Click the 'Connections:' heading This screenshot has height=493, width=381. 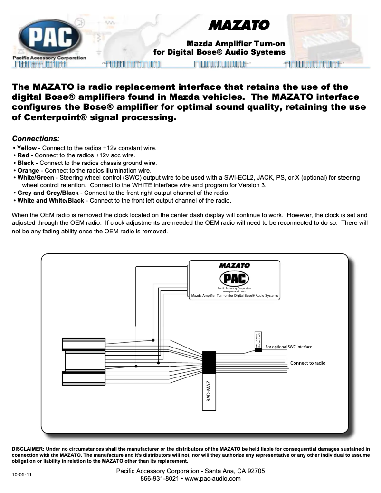pyautogui.click(x=36, y=139)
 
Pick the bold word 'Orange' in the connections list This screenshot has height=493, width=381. pyautogui.click(x=28, y=170)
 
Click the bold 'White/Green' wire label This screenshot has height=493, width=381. pyautogui.click(x=36, y=177)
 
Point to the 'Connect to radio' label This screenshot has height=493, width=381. pyautogui.click(x=308, y=363)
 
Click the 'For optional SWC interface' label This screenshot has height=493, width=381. pyautogui.click(x=288, y=347)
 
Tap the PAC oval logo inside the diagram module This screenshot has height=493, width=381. pyautogui.click(x=234, y=278)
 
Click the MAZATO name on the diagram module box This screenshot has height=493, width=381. pyautogui.click(x=234, y=265)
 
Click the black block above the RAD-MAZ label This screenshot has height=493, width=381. pyautogui.click(x=209, y=363)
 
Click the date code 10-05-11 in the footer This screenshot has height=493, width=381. pyautogui.click(x=22, y=474)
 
